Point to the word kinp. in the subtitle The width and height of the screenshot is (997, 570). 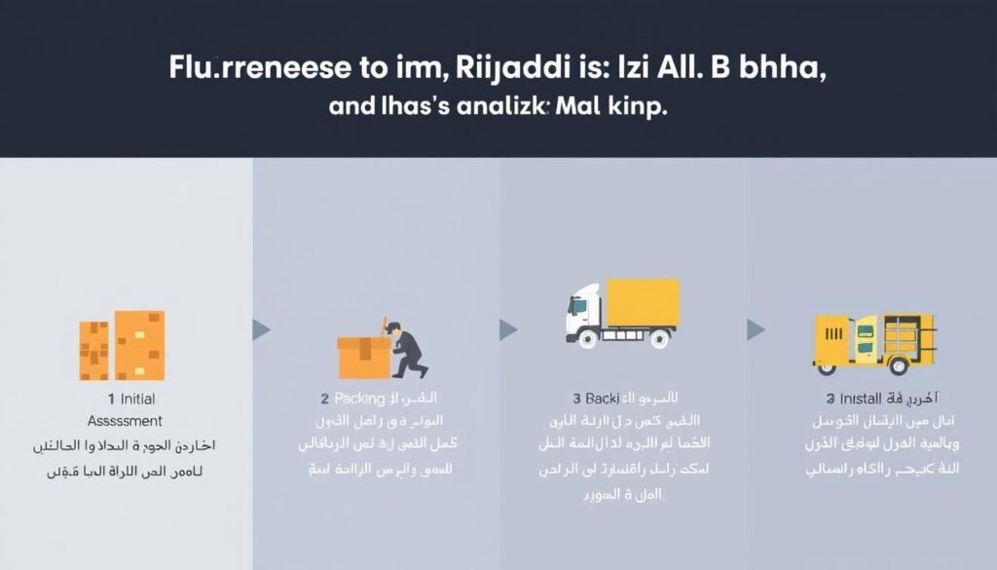coord(633,107)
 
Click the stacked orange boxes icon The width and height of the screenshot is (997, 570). coord(122,345)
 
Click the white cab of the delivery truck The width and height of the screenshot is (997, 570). coord(584,314)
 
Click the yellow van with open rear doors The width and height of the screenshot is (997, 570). coord(873,343)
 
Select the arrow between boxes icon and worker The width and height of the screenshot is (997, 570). coord(261,329)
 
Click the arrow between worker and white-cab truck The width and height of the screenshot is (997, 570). coord(508,329)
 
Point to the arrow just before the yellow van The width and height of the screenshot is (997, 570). coord(756,329)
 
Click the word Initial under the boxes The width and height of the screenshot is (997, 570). coord(136,399)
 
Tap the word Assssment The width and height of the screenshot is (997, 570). coord(124,421)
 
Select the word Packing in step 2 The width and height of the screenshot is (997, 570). coord(360,399)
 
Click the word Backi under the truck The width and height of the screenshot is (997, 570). coord(596,399)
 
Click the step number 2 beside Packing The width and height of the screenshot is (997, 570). coord(324,399)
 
